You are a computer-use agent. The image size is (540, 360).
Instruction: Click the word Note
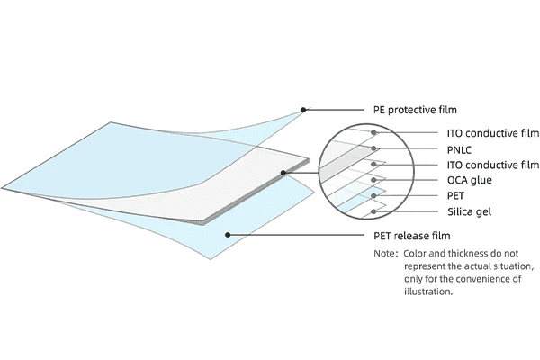pyautogui.click(x=385, y=254)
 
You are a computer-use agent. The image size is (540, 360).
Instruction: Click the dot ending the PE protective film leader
pyautogui.click(x=304, y=110)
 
